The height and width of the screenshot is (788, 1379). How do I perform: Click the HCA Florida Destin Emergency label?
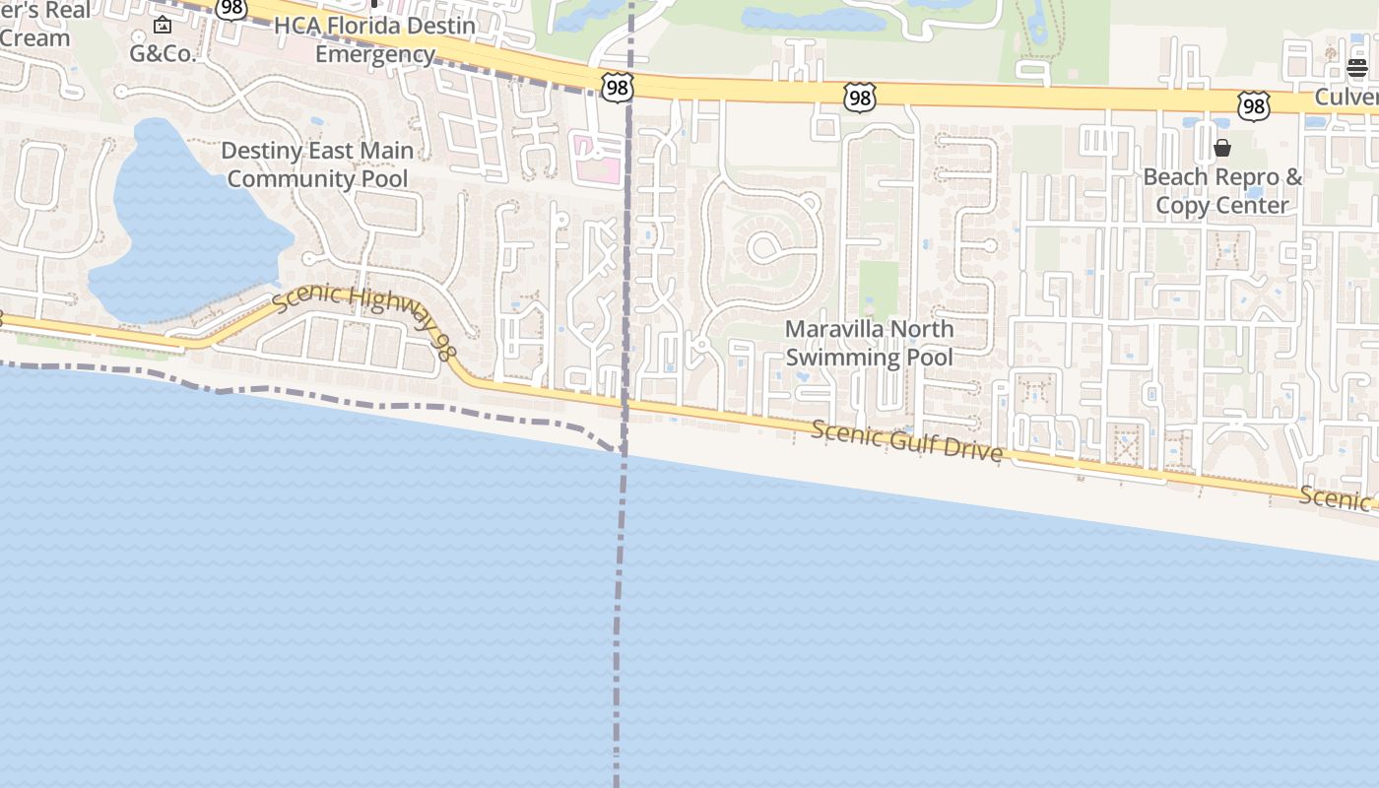tap(374, 39)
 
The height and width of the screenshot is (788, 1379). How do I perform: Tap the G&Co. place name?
tap(163, 53)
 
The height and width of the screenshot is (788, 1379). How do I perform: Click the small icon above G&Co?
tap(163, 25)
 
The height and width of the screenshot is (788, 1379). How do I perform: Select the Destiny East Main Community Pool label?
tap(317, 164)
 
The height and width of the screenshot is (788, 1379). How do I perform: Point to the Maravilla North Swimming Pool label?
tap(869, 343)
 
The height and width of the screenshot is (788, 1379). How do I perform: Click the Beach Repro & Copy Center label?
tap(1222, 191)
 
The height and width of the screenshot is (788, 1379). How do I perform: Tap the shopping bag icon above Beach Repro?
tap(1222, 148)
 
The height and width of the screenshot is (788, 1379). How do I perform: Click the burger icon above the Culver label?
tap(1357, 68)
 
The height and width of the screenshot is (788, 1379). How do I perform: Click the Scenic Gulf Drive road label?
tap(907, 440)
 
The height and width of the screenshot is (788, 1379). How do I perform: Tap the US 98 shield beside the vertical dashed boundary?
tap(617, 87)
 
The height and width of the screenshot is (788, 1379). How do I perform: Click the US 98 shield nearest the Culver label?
tap(1254, 105)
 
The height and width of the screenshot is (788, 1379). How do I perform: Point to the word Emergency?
tap(374, 53)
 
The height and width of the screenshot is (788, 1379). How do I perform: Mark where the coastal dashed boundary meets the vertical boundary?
tap(623, 451)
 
